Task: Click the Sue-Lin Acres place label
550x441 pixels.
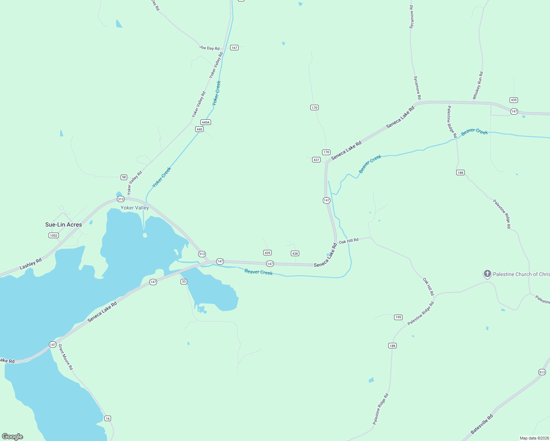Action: (63, 225)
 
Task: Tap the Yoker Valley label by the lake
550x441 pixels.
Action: (135, 208)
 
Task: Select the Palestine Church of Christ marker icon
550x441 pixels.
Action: (487, 274)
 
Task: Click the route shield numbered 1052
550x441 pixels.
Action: (54, 236)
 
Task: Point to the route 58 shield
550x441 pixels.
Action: (124, 177)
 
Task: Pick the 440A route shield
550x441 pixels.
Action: (206, 122)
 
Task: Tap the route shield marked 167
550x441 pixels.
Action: (234, 48)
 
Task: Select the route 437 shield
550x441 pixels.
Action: (316, 160)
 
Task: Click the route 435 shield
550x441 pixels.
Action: (514, 100)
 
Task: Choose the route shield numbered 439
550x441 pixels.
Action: (267, 253)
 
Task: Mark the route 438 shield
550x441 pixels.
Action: (295, 254)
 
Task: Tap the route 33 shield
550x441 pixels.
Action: (184, 282)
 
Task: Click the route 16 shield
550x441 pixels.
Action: (107, 419)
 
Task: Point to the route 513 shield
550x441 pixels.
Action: (542, 372)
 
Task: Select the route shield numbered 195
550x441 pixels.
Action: (398, 317)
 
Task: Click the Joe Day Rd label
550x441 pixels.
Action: (209, 48)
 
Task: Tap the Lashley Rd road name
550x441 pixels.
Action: (31, 263)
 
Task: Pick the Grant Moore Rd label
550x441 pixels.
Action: (66, 357)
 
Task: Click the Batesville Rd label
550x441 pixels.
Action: (482, 424)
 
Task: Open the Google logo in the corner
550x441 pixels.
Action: (12, 437)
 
